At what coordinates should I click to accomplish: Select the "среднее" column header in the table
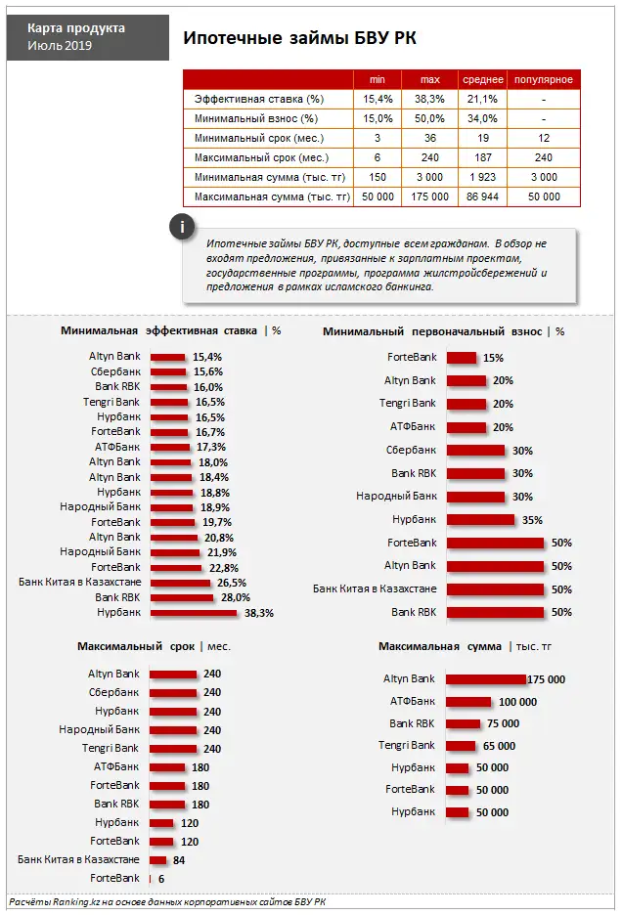[x=483, y=79]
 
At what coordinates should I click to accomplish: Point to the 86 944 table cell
[x=483, y=196]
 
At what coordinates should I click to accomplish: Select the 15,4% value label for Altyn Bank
[x=207, y=357]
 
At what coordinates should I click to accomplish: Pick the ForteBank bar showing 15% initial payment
[x=461, y=358]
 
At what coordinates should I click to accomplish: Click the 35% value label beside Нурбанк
[x=532, y=520]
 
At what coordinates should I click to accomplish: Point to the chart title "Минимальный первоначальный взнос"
[x=431, y=331]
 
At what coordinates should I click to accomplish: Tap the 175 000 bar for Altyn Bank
[x=485, y=679]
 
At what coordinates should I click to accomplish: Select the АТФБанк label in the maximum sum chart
[x=412, y=701]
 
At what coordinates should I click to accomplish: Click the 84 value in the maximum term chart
[x=179, y=860]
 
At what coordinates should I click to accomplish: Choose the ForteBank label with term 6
[x=114, y=879]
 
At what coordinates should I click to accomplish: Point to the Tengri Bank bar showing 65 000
[x=460, y=746]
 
